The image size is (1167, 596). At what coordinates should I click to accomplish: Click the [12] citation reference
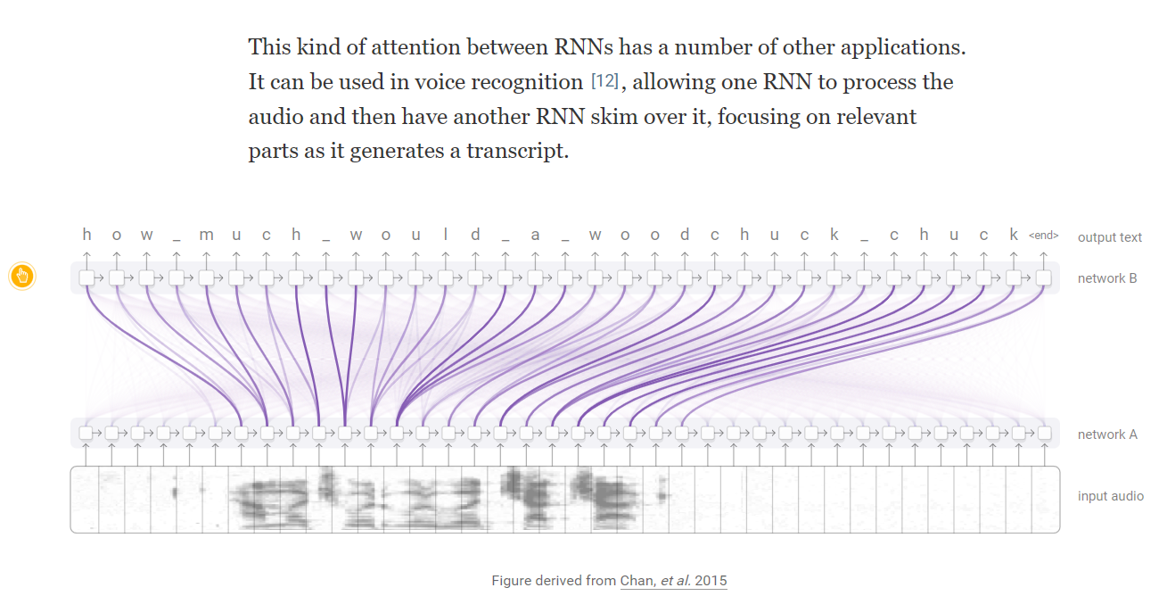click(x=604, y=82)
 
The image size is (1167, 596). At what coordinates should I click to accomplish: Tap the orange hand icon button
click(x=22, y=277)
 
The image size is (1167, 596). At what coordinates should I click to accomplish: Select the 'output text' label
click(x=1109, y=237)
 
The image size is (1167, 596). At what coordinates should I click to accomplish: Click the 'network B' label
click(x=1107, y=278)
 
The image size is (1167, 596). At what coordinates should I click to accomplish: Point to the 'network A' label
click(x=1107, y=435)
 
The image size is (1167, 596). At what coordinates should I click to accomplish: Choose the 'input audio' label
click(x=1110, y=496)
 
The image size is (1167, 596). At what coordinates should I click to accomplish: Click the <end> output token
click(x=1043, y=236)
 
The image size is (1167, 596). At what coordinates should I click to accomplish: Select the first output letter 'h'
click(x=86, y=235)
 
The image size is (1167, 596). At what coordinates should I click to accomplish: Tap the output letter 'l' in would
click(x=446, y=235)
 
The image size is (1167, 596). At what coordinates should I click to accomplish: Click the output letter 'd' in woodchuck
click(x=685, y=235)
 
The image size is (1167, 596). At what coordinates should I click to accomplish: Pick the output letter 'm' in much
click(x=206, y=236)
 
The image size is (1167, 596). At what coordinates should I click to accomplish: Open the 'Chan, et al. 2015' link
click(x=673, y=581)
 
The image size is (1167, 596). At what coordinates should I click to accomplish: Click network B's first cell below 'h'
click(x=86, y=278)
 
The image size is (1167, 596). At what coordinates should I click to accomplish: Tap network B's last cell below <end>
click(x=1043, y=278)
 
